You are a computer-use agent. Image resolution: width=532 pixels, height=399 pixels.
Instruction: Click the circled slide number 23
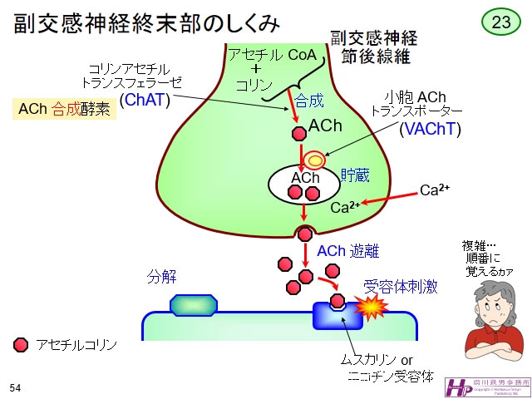pyautogui.click(x=501, y=22)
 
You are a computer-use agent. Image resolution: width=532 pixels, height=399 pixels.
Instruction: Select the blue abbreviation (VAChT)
pyautogui.click(x=430, y=129)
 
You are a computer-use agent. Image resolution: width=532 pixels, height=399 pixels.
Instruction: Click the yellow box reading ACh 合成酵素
pyautogui.click(x=63, y=108)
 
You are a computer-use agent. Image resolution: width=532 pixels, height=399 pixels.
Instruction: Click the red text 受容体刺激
pyautogui.click(x=401, y=287)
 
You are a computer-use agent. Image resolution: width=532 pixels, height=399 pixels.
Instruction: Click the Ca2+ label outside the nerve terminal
pyautogui.click(x=434, y=190)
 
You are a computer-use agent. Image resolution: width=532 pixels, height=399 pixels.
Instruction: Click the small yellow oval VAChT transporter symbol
pyautogui.click(x=315, y=159)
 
